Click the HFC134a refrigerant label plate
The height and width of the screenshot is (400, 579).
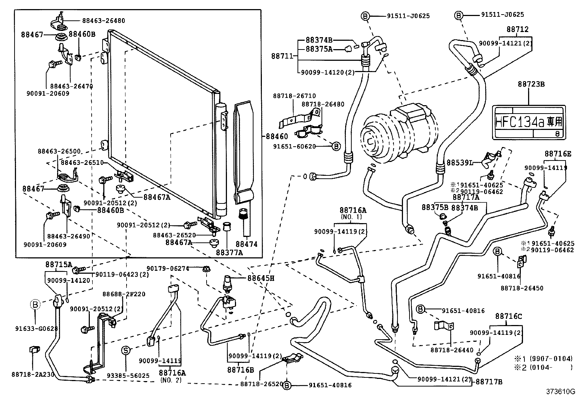point(529,122)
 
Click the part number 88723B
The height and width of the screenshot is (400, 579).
point(531,84)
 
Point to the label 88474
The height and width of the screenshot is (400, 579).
point(246,244)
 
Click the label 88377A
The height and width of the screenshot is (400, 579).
point(229,252)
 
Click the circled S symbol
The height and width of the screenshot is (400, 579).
point(126,351)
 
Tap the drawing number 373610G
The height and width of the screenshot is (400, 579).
point(560,392)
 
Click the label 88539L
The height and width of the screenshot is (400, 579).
point(460,163)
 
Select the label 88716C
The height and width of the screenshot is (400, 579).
point(508,316)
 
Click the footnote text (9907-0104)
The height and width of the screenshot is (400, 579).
point(551,358)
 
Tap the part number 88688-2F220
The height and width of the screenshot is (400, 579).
point(124,294)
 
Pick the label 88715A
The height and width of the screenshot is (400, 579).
point(59,264)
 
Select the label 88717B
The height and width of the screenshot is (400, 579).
point(489,381)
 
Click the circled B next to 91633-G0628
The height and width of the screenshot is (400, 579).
point(35,304)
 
